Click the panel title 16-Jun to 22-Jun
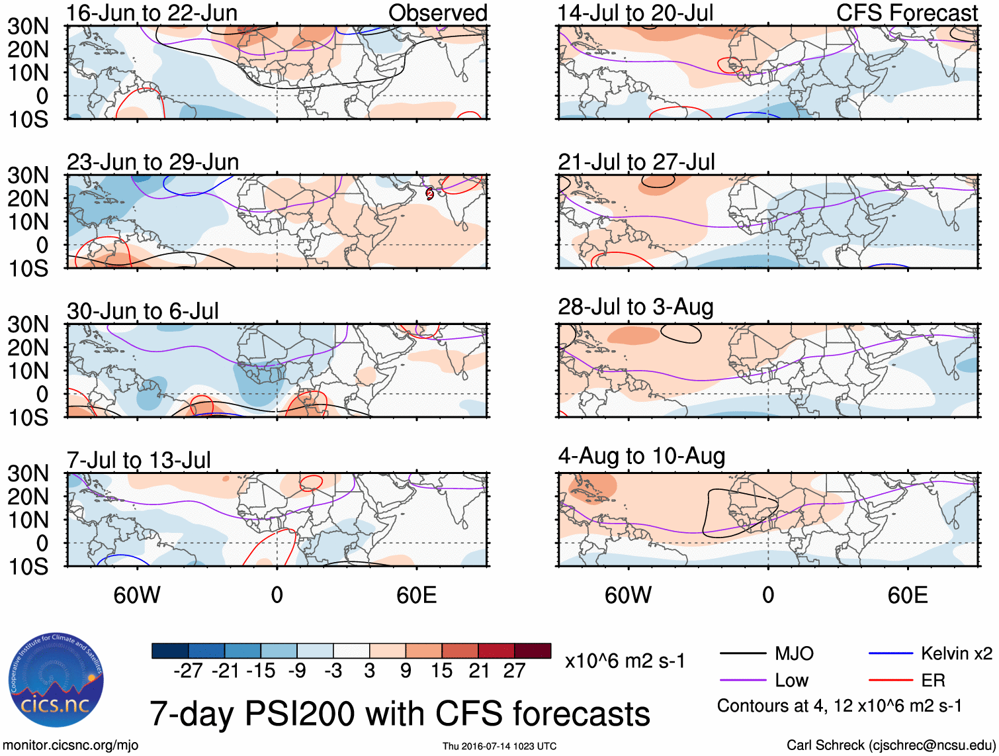click(x=152, y=13)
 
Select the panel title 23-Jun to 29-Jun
click(x=153, y=162)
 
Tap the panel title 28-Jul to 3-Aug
click(x=636, y=307)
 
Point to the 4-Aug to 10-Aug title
click(x=642, y=456)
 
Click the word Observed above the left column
click(x=438, y=13)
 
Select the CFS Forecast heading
click(x=907, y=13)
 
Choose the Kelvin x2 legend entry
click(x=956, y=654)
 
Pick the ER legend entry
click(x=933, y=681)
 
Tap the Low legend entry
click(x=791, y=681)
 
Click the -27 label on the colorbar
click(x=188, y=671)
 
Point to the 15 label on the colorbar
click(x=442, y=671)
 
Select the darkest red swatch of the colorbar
click(x=533, y=651)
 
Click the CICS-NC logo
click(x=56, y=680)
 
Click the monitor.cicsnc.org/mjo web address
click(x=71, y=745)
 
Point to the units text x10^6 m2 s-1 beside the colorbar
click(x=625, y=661)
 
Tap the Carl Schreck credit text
click(x=890, y=745)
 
